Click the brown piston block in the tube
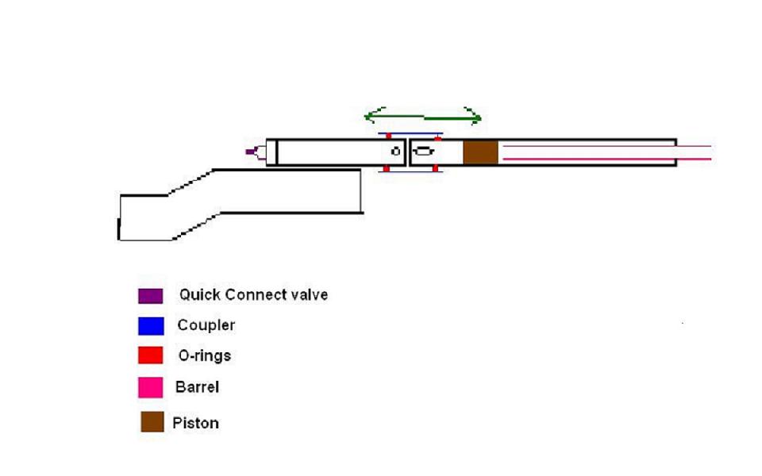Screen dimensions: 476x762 [x=480, y=152]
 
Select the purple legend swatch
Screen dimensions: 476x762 [x=151, y=296]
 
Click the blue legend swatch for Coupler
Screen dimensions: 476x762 [x=151, y=326]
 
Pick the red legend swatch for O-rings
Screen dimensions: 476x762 [x=151, y=355]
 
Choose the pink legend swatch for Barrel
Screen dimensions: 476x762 [x=151, y=388]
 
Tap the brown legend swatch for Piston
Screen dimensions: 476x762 [x=152, y=422]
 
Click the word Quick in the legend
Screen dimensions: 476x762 [x=199, y=295]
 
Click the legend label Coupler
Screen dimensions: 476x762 [x=206, y=325]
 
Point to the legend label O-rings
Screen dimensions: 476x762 [x=205, y=355]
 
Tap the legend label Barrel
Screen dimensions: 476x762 [x=197, y=387]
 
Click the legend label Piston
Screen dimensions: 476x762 [x=195, y=423]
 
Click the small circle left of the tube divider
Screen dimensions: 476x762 [x=394, y=151]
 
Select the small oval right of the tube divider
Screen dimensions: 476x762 [x=425, y=152]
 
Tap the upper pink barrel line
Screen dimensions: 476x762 [x=603, y=146]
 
